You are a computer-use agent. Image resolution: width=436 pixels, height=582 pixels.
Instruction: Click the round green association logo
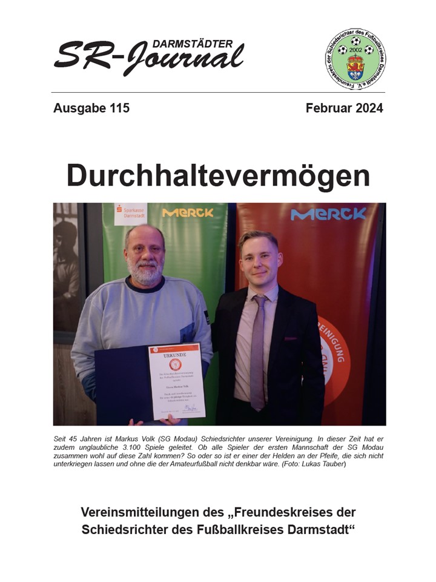pyautogui.click(x=355, y=60)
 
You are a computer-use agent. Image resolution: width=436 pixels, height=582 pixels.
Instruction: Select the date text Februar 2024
pyautogui.click(x=344, y=109)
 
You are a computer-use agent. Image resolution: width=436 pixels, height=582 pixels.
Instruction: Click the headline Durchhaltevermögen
pyautogui.click(x=218, y=176)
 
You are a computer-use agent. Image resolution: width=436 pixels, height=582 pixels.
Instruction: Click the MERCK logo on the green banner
pyautogui.click(x=188, y=213)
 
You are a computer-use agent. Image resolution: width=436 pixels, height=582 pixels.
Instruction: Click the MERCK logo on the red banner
pyautogui.click(x=328, y=214)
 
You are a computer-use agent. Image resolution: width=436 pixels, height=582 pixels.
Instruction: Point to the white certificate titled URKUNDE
pyautogui.click(x=176, y=381)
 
